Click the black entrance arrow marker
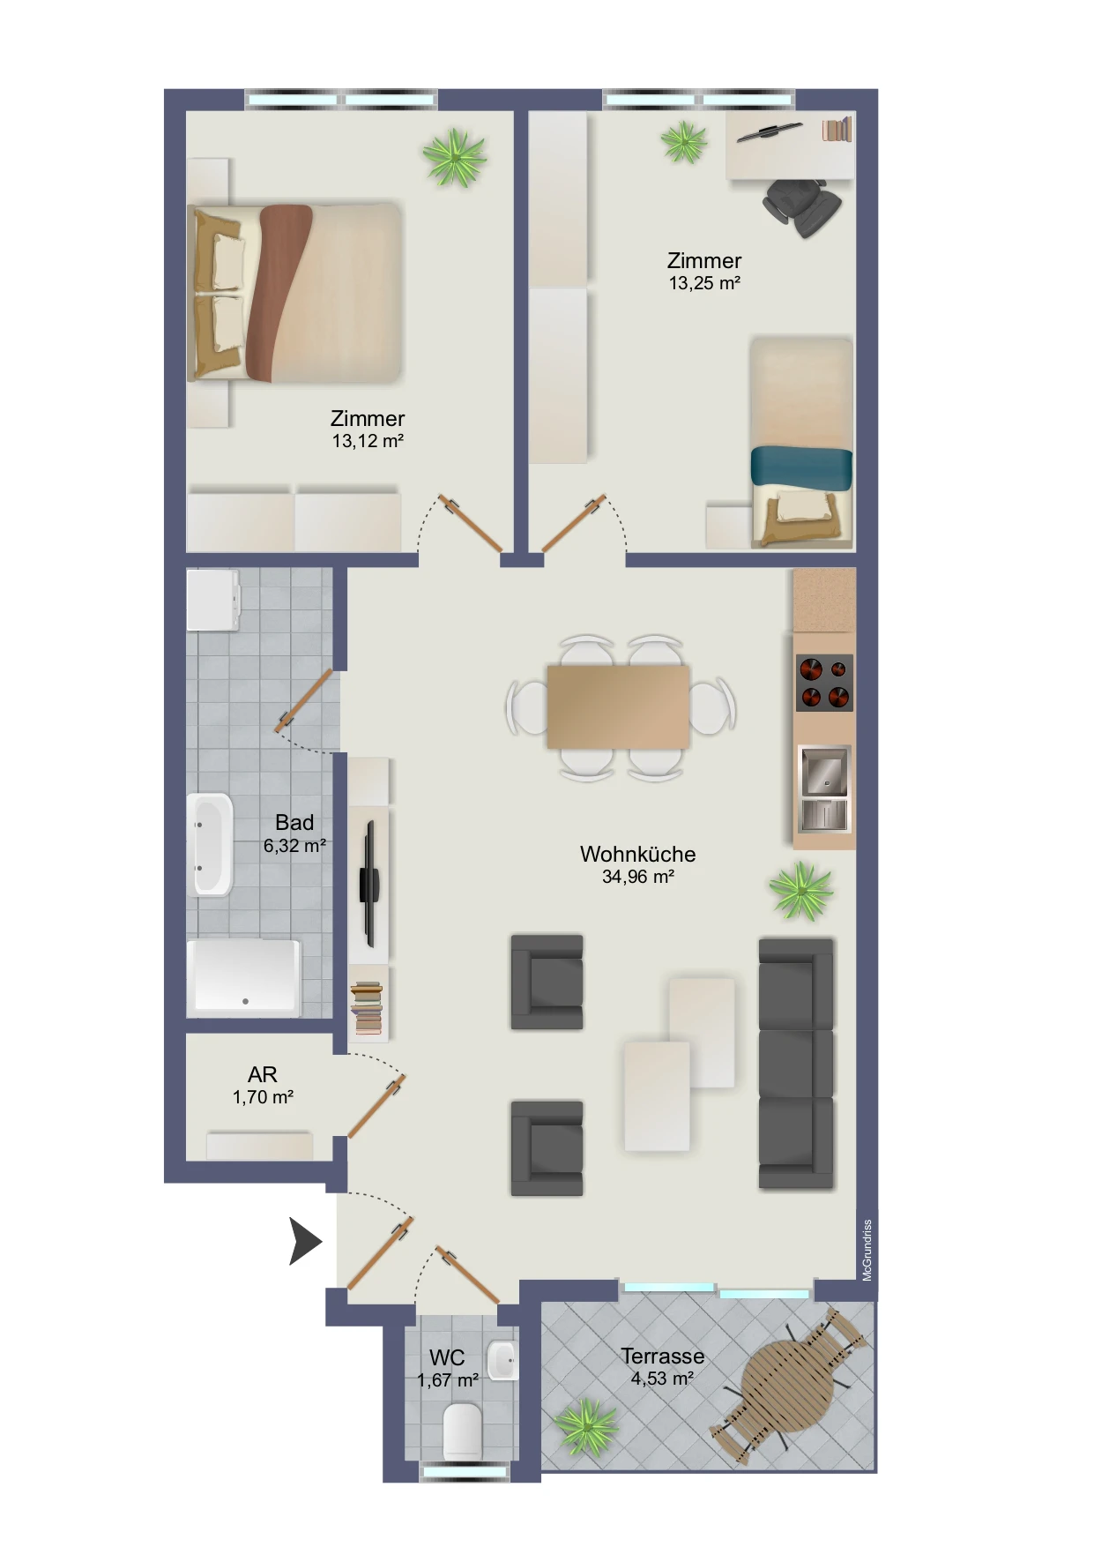[x=303, y=1241]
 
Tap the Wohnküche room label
[x=637, y=854]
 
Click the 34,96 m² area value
[x=637, y=877]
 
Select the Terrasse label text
[x=662, y=1356]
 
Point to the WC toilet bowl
[x=463, y=1431]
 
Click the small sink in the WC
[x=502, y=1360]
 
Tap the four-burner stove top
[x=824, y=683]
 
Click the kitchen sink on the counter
[x=823, y=788]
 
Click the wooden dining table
[x=617, y=706]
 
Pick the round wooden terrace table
[x=789, y=1386]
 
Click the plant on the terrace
[x=586, y=1426]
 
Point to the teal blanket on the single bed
[x=801, y=467]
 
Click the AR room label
[x=263, y=1074]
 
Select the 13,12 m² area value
[x=368, y=441]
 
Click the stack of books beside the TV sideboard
[x=367, y=1007]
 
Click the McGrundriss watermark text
[x=867, y=1250]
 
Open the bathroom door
[x=304, y=701]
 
